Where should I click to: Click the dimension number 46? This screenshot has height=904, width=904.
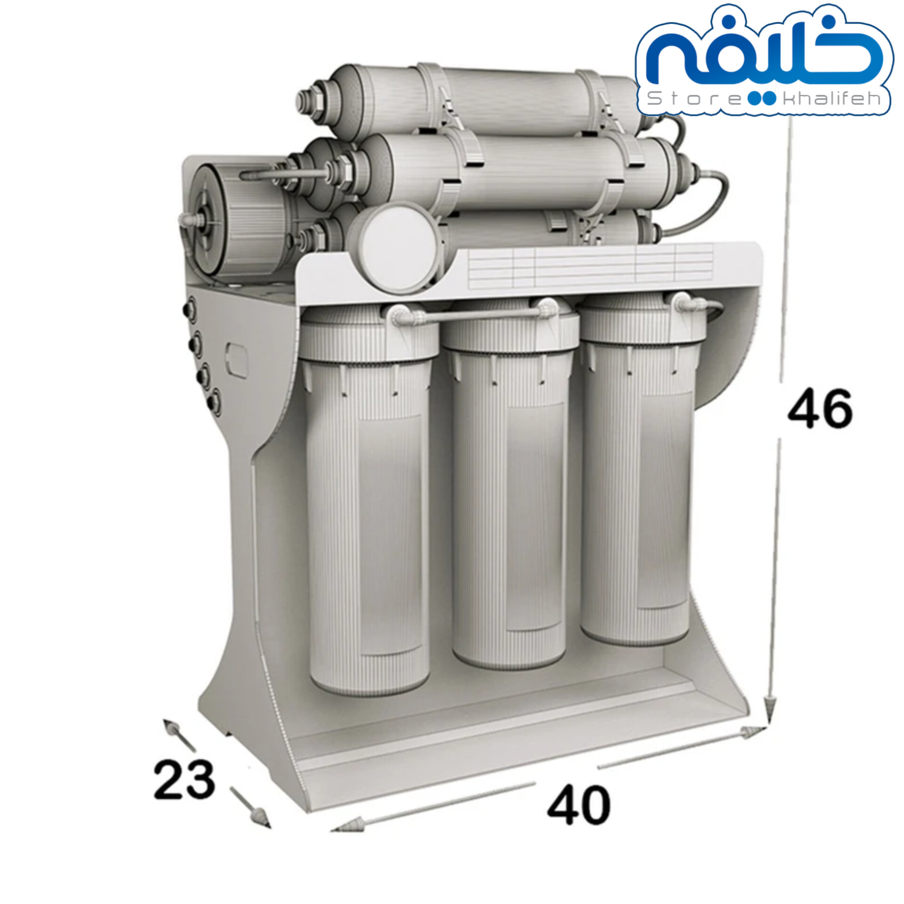pyautogui.click(x=820, y=408)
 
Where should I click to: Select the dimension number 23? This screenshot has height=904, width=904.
pyautogui.click(x=184, y=778)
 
